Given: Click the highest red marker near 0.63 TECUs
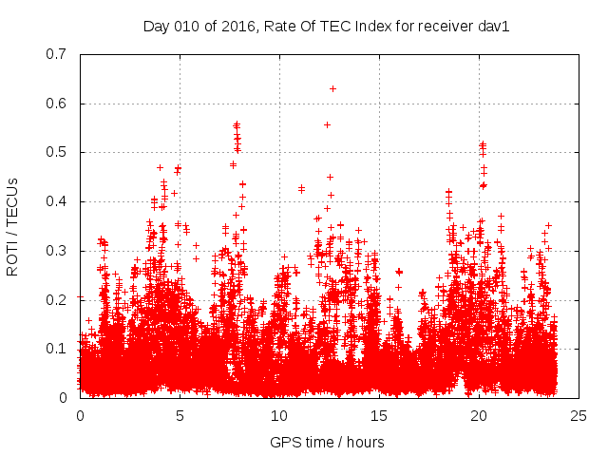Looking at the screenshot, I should [332, 88].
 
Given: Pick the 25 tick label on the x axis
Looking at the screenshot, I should [579, 415].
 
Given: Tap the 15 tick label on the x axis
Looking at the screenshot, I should [379, 415].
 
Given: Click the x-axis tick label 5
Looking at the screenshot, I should [180, 415].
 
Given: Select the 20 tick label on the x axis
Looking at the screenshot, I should [479, 415].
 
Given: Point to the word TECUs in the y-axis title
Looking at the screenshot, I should [12, 199].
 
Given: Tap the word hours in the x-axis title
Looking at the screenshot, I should [366, 442].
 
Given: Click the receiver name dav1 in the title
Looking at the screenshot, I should [494, 27].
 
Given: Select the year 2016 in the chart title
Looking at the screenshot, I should [236, 27].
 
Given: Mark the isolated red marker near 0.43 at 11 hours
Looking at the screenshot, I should [301, 188].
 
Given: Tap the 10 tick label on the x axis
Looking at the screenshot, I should [279, 415].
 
